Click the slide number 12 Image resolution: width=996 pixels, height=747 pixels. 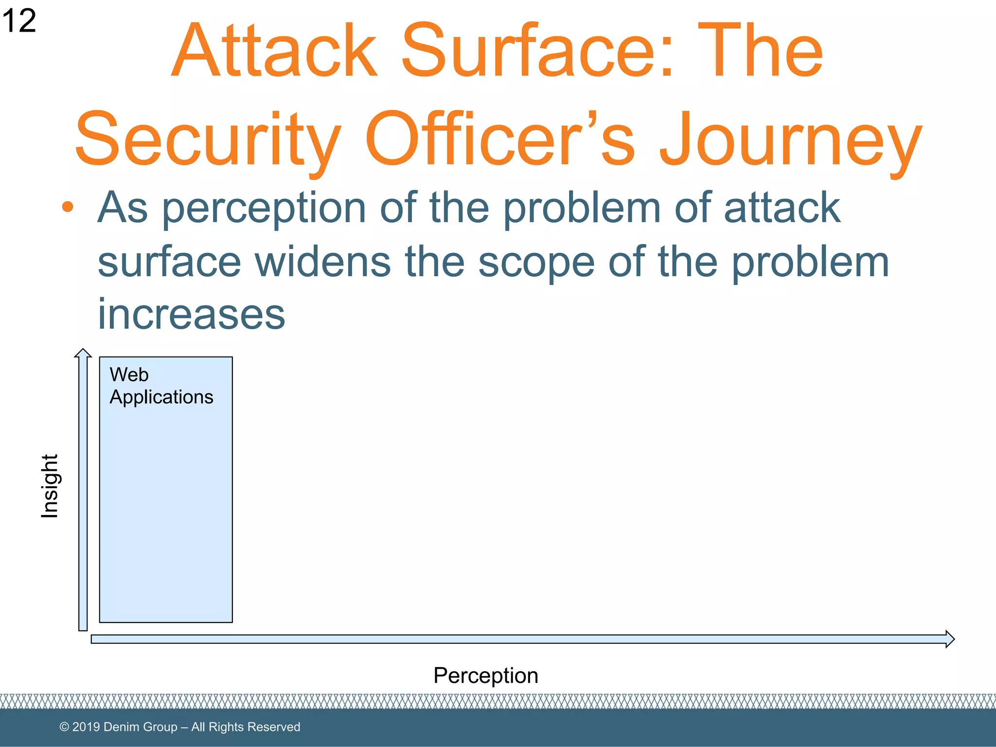18,21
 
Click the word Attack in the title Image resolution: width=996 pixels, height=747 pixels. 275,51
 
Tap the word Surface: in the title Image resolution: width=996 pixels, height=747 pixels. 537,51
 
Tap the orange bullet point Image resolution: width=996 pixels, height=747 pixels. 68,207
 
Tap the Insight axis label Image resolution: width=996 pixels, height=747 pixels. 50,486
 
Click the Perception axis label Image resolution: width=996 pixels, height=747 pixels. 485,676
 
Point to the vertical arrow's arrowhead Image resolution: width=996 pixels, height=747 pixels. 83,353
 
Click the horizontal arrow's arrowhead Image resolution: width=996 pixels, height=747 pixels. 949,639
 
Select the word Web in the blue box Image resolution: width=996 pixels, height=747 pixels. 129,374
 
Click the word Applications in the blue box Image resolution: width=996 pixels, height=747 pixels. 161,397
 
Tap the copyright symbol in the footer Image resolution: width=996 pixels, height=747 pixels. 64,727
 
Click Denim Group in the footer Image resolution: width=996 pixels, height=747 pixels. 141,727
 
